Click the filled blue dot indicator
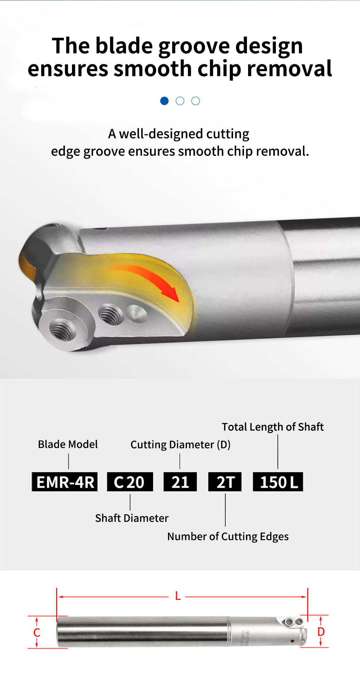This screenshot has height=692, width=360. pyautogui.click(x=164, y=101)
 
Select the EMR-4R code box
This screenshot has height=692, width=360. pyautogui.click(x=65, y=482)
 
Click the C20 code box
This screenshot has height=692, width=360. pyautogui.click(x=130, y=482)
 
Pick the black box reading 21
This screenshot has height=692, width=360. pyautogui.click(x=180, y=482)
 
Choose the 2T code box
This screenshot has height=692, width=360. pyautogui.click(x=225, y=482)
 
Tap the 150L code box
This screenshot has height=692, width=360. pyautogui.click(x=278, y=482)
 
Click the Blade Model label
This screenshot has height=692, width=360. pyautogui.click(x=68, y=444)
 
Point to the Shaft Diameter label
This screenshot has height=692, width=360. pyautogui.click(x=132, y=518)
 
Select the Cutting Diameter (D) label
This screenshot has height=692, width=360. pyautogui.click(x=181, y=445)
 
